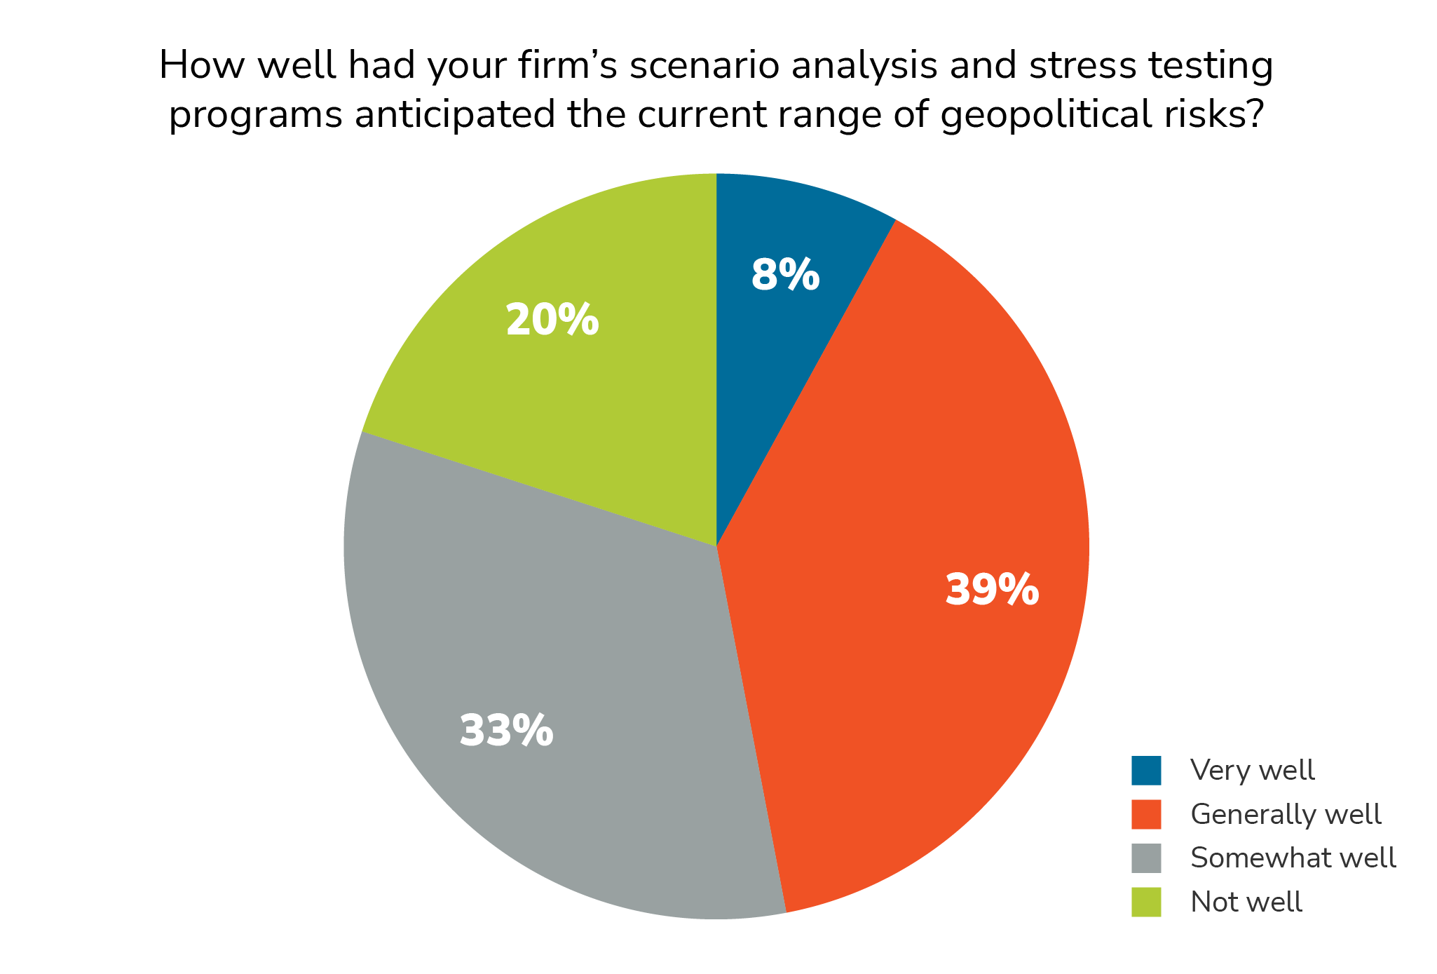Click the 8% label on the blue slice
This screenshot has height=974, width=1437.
pos(785,274)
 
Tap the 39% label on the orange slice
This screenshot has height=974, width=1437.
pos(992,590)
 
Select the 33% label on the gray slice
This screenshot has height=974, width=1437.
pos(506,730)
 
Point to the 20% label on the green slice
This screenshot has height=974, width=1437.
pos(552,320)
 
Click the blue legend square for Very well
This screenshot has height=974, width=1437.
pos(1146,770)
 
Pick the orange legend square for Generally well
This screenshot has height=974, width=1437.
pos(1146,814)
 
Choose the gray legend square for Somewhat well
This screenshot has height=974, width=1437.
pos(1146,858)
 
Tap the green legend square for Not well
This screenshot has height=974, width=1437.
pos(1146,902)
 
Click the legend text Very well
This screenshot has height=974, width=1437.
pos(1252,770)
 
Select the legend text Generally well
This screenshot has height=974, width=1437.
pos(1286,814)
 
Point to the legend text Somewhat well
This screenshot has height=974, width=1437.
pos(1293,858)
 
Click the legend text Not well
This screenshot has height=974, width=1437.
pos(1246,902)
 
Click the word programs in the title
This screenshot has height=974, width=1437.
pos(256,116)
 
